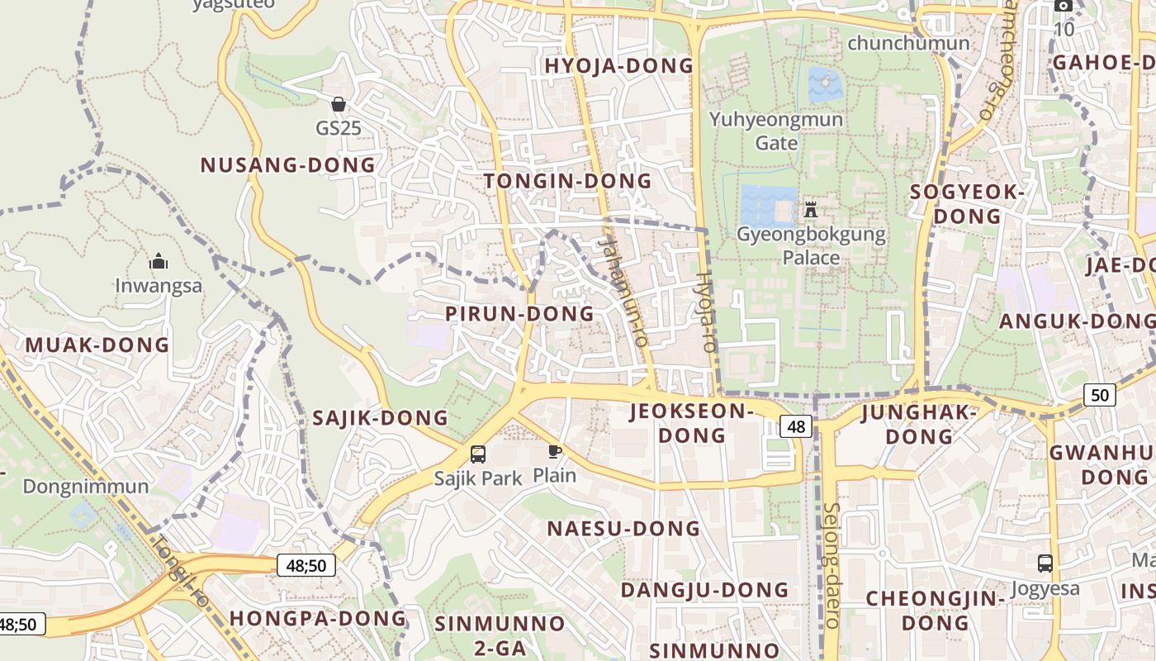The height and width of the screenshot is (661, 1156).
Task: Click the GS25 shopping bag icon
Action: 338,104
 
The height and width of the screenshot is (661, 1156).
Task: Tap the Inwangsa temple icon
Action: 159,263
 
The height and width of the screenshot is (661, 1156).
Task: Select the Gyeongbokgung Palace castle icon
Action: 810,209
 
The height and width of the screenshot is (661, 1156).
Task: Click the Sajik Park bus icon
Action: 478,454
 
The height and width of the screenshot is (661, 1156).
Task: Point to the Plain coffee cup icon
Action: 554,451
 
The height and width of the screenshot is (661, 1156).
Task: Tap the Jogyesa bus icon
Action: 1045,564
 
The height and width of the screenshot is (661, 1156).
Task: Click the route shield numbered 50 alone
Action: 1099,395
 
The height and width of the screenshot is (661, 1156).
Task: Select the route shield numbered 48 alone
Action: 796,426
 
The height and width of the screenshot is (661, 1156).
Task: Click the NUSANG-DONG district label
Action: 288,165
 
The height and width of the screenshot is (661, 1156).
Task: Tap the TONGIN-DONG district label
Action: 568,181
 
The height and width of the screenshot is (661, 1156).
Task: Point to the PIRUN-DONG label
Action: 519,314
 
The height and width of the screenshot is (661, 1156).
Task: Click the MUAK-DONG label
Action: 97,345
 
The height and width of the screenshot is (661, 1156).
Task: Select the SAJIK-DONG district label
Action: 380,418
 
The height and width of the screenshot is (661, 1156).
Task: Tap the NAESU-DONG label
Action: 624,529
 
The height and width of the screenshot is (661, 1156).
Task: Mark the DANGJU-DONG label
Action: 704,590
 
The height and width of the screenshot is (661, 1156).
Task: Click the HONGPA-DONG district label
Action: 318,618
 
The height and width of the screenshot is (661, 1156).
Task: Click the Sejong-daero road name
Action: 831,565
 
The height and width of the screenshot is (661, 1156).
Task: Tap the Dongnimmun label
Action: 86,486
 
